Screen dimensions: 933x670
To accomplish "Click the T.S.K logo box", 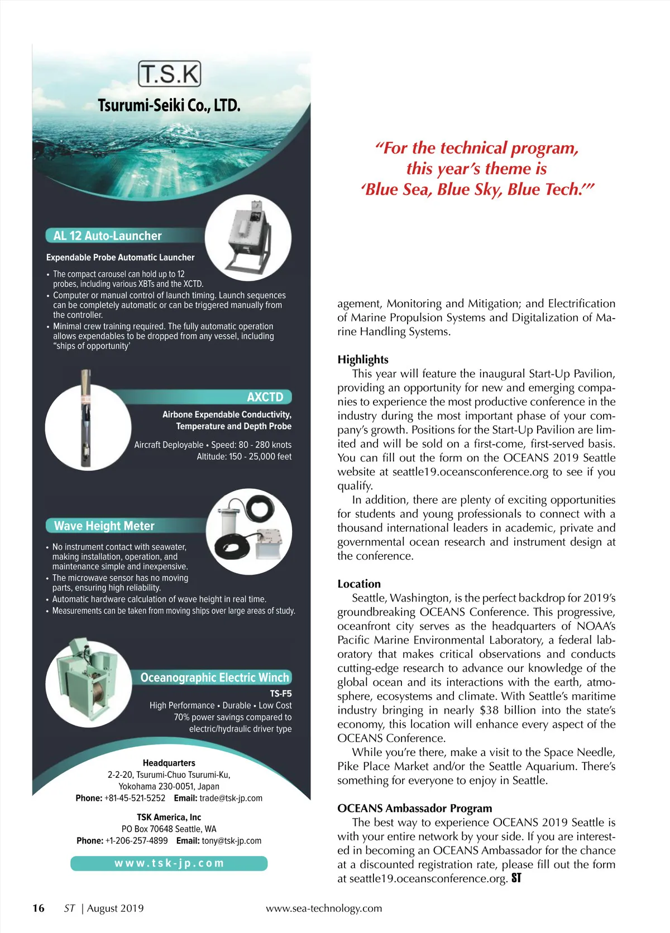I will tap(169, 74).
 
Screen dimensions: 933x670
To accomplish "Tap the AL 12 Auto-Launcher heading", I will tap(107, 236).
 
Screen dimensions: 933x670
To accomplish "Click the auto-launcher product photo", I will tap(248, 237).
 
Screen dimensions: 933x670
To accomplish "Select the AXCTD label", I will tap(265, 397).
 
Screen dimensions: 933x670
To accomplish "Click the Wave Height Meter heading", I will tap(104, 526).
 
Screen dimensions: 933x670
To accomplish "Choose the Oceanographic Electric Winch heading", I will tap(215, 678).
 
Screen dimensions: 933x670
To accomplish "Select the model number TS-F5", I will tap(281, 694).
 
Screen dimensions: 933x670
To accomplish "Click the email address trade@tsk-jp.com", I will tap(231, 799).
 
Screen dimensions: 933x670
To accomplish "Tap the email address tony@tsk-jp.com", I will tap(231, 841).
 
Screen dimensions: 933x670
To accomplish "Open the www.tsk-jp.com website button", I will tap(169, 863).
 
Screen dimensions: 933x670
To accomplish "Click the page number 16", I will tap(39, 908).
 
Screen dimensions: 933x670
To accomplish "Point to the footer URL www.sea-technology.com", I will tap(324, 908).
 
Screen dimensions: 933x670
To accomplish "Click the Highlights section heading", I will tap(363, 360).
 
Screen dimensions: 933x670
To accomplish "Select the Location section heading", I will tap(359, 584).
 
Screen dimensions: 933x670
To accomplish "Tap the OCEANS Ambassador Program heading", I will tap(415, 809).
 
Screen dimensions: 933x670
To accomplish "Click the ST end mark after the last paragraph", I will tap(516, 878).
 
